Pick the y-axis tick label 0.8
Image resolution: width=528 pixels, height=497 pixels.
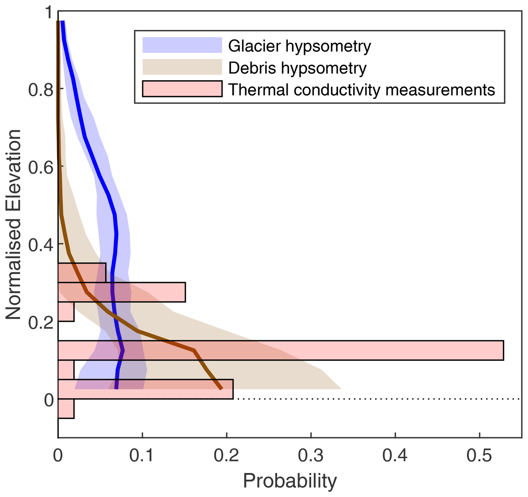[x=41, y=90]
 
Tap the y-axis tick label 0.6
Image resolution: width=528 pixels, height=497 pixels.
[x=41, y=168]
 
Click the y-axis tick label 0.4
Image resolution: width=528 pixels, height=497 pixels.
[x=41, y=245]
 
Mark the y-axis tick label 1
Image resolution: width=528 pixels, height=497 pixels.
[x=49, y=13]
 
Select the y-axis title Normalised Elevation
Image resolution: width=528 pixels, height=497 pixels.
[x=13, y=225]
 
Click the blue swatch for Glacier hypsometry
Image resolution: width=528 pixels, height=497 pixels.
[x=182, y=45]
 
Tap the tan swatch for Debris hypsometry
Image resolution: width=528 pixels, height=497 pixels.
[x=182, y=67]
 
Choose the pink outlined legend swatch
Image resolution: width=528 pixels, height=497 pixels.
[x=182, y=89]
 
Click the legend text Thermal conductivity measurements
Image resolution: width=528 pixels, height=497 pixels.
[x=361, y=90]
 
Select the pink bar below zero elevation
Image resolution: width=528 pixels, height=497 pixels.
[x=66, y=408]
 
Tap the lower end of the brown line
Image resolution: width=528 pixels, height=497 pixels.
[x=221, y=388]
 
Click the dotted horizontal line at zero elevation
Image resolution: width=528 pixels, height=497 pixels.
[x=377, y=399]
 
